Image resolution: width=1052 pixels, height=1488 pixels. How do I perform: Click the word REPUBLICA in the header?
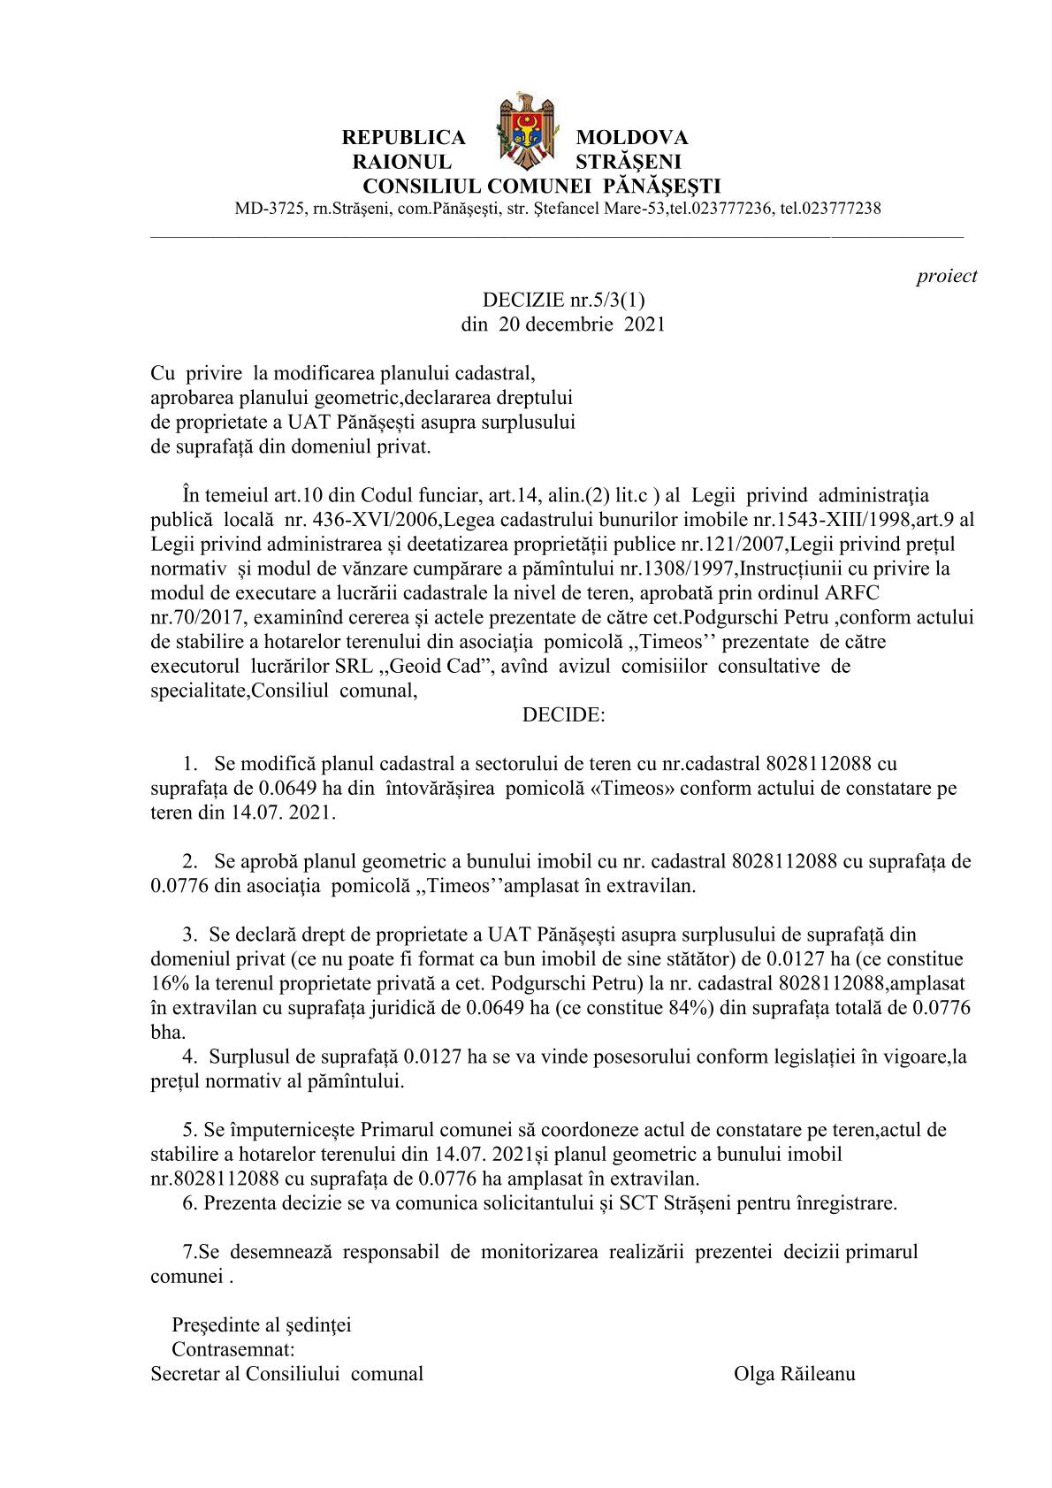(403, 138)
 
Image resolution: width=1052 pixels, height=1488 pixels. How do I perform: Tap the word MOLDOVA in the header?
(631, 138)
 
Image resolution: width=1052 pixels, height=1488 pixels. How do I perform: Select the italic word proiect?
(947, 276)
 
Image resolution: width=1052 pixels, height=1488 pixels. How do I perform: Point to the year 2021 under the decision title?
(644, 324)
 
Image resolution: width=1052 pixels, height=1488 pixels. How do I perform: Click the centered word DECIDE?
(563, 715)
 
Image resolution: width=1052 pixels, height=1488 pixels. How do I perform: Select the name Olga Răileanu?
(794, 1374)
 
